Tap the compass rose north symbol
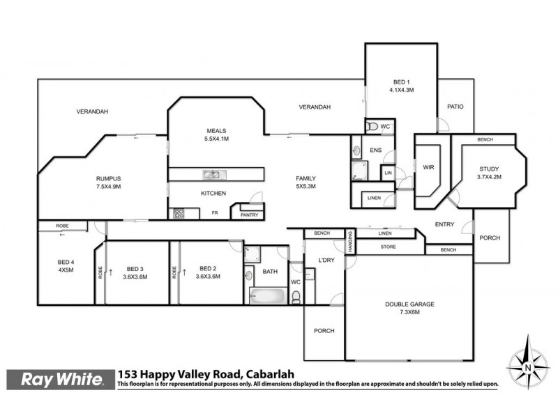tap(528, 363)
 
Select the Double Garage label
tap(409, 307)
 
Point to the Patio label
tap(455, 107)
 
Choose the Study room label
tap(489, 173)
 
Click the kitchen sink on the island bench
tap(212, 175)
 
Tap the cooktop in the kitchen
tap(177, 214)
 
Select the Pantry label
tap(248, 215)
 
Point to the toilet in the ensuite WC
tap(372, 127)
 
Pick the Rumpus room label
tap(108, 182)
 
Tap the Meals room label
tap(216, 134)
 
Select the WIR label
tap(428, 167)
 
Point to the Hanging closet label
tap(352, 242)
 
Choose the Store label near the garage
tap(388, 247)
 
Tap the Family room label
tap(306, 183)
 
